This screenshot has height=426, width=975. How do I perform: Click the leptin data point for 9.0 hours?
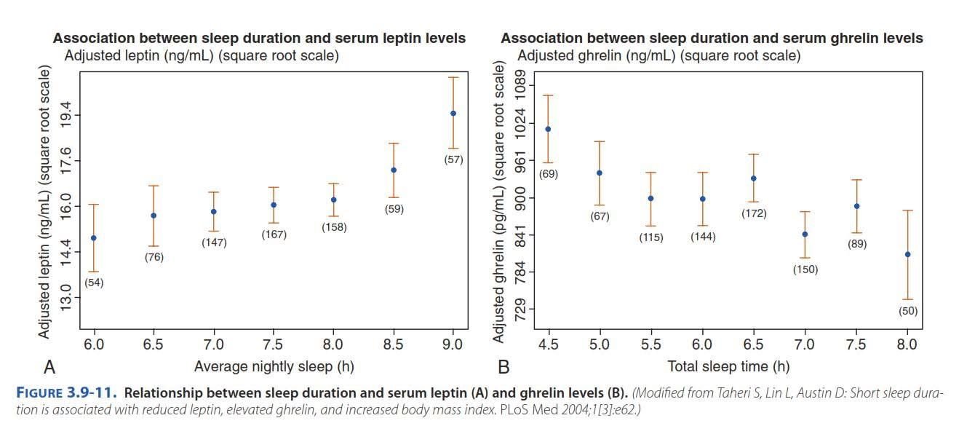click(453, 113)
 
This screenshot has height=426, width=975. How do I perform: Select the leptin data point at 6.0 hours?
click(94, 238)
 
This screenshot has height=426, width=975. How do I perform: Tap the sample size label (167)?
click(274, 234)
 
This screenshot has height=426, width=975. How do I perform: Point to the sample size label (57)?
click(453, 159)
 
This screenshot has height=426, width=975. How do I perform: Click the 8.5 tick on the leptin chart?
click(393, 344)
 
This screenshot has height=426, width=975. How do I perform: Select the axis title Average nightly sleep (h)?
click(274, 366)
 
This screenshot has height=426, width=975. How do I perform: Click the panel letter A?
click(50, 366)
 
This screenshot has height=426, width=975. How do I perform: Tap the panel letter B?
click(504, 366)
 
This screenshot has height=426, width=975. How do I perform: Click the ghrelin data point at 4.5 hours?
click(548, 129)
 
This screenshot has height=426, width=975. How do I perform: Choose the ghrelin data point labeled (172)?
click(754, 178)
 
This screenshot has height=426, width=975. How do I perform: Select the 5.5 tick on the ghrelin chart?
click(651, 344)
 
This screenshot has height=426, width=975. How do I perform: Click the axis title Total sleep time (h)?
click(728, 366)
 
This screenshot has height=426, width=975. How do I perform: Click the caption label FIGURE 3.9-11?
click(65, 394)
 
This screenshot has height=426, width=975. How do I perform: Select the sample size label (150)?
click(805, 269)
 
